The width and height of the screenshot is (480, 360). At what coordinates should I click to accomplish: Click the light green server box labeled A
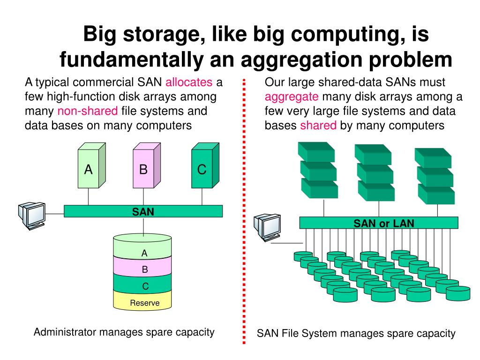(88, 169)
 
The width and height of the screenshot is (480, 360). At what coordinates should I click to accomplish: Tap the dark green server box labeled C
(202, 169)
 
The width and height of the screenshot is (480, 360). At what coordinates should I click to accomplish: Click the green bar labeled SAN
(143, 211)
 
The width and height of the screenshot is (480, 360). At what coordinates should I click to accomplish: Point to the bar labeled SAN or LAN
(383, 223)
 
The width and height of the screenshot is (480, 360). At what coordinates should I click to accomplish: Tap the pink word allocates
(189, 83)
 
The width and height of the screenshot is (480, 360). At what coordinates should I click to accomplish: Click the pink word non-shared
(88, 112)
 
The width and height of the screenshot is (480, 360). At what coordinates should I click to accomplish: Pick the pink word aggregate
(292, 97)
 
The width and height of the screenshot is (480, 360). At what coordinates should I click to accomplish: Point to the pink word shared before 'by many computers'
(318, 125)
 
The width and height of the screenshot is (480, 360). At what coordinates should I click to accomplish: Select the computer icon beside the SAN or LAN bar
(267, 228)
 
